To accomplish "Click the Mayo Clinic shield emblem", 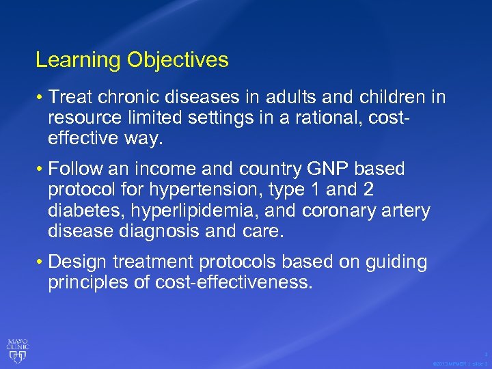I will pyautogui.click(x=18, y=351).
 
